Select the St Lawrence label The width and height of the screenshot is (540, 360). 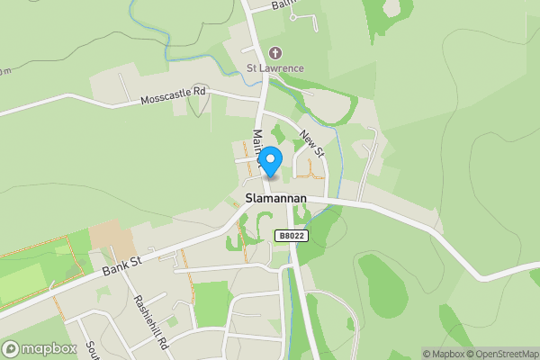[x=275, y=68]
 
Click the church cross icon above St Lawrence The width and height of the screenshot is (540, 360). [x=275, y=53]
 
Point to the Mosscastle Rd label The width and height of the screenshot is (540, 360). [x=174, y=95]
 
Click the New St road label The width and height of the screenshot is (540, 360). [x=311, y=144]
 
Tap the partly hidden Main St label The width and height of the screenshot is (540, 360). [x=256, y=147]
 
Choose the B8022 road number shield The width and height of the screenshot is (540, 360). [x=290, y=236]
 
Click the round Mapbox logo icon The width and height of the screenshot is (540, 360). [x=12, y=349]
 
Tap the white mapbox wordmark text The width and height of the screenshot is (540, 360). [x=49, y=349]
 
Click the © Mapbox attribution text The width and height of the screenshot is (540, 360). [x=444, y=354]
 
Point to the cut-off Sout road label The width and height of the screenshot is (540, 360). [x=92, y=350]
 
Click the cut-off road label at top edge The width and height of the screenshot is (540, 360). [x=284, y=4]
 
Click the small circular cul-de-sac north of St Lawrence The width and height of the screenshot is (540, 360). [x=315, y=16]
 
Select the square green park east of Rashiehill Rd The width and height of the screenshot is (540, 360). [x=211, y=303]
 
